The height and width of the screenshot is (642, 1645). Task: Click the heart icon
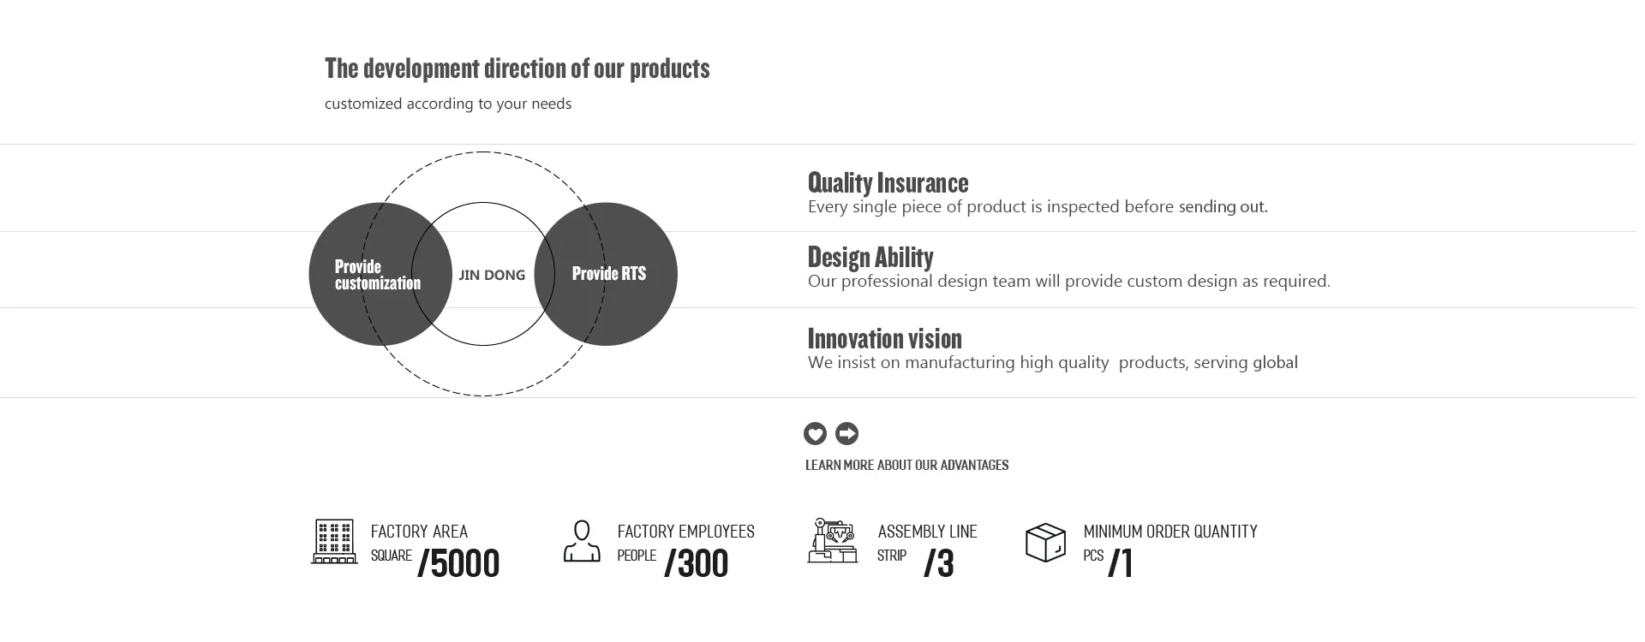(815, 434)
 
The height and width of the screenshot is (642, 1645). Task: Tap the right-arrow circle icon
(846, 434)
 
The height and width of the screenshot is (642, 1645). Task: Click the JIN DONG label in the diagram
(492, 275)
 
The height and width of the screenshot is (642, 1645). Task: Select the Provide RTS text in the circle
(609, 274)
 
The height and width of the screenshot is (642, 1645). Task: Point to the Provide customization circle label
(378, 275)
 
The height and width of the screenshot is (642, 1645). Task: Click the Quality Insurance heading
(888, 182)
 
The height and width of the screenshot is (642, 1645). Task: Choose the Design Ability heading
(870, 257)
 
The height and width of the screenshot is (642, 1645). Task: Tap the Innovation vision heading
(885, 338)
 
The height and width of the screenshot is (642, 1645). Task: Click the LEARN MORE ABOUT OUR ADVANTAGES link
(906, 465)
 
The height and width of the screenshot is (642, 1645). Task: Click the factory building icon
(334, 541)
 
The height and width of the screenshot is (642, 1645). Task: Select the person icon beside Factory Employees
(582, 541)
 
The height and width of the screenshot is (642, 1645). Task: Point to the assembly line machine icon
(832, 540)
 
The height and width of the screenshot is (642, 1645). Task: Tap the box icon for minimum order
(1045, 543)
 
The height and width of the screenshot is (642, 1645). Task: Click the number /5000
(458, 563)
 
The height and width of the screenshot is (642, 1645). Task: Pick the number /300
(696, 563)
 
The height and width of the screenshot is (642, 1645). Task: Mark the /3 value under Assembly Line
(939, 563)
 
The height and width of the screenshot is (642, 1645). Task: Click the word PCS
(1093, 556)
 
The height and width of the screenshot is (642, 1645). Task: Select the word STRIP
(892, 556)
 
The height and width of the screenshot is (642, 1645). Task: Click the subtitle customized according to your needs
(448, 104)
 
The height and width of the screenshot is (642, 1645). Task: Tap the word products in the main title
(670, 68)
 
